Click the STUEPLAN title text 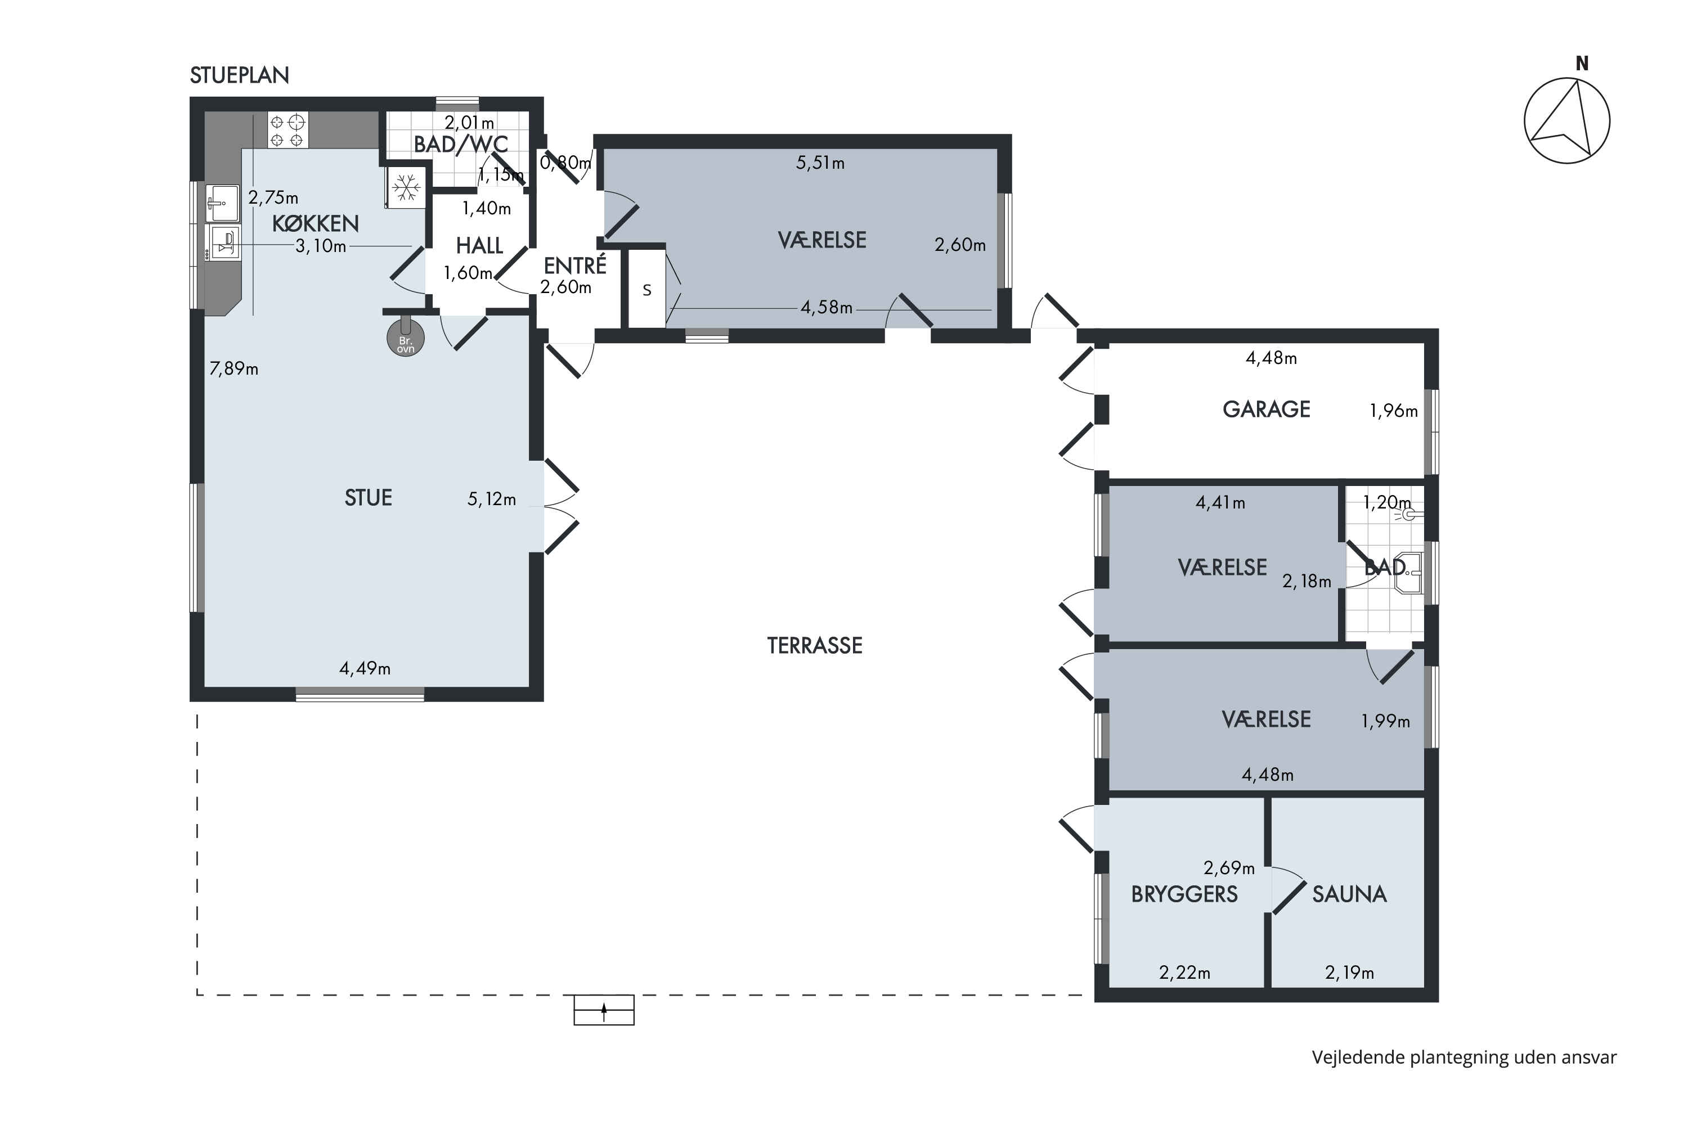(x=239, y=75)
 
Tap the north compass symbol (x=1566, y=115)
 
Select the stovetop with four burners (x=288, y=130)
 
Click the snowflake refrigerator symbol (x=407, y=188)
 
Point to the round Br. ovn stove (x=406, y=338)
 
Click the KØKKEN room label (x=315, y=223)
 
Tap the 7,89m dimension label (x=234, y=369)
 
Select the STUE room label (x=368, y=498)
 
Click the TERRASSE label (x=815, y=646)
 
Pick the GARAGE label (x=1266, y=409)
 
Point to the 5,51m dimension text (x=820, y=163)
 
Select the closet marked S (x=647, y=289)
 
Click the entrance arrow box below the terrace (x=604, y=1010)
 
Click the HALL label (x=479, y=246)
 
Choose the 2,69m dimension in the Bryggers (x=1229, y=868)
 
